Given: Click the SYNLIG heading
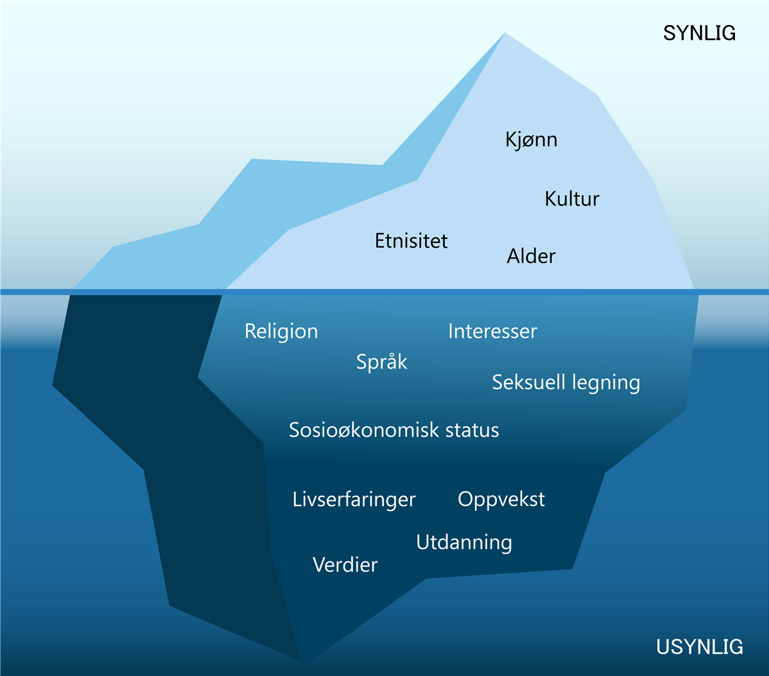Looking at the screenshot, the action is coord(699,33).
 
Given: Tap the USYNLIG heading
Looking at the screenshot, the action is coord(700,647).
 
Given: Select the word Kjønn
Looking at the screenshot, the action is coord(531,140).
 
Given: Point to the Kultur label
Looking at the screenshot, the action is coord(572,199).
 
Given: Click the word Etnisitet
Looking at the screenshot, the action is coord(411,241).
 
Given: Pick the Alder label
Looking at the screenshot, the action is coord(531,256).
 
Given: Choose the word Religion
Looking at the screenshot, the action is coord(281,332).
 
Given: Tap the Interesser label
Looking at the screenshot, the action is coord(493,332).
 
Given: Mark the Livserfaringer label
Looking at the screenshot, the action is coord(354,500).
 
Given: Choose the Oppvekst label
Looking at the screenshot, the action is coord(501,500).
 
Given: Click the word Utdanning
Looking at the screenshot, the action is coord(464,543).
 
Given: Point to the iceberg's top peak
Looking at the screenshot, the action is coord(505,33).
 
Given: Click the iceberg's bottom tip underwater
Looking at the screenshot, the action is coord(306,663).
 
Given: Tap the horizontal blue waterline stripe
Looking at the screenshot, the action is coord(384,292).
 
